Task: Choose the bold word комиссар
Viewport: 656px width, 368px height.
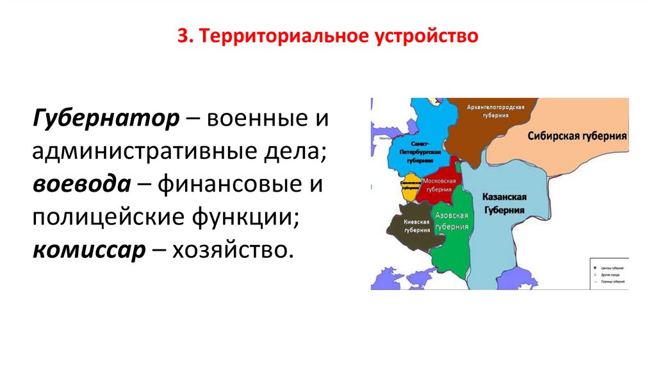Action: pyautogui.click(x=87, y=249)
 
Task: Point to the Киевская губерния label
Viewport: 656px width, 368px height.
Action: pyautogui.click(x=416, y=225)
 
